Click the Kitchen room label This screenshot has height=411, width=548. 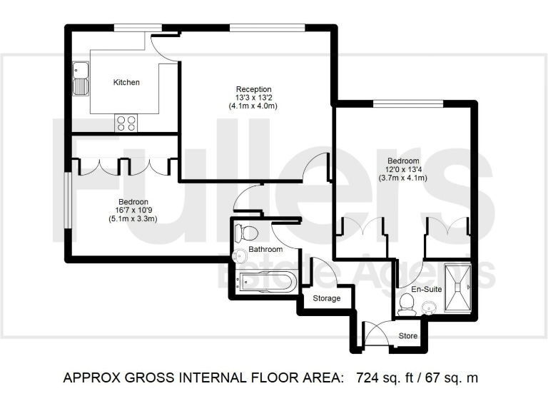pos(126,83)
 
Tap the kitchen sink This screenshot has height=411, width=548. pos(80,79)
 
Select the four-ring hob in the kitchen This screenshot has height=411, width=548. pos(127,123)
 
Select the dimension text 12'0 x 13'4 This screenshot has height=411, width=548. pos(403,169)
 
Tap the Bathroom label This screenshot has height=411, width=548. pos(265,250)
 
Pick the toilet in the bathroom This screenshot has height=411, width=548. pos(246,233)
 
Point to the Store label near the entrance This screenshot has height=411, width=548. pos(407,335)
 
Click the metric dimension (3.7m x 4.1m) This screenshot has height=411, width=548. pos(403,178)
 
